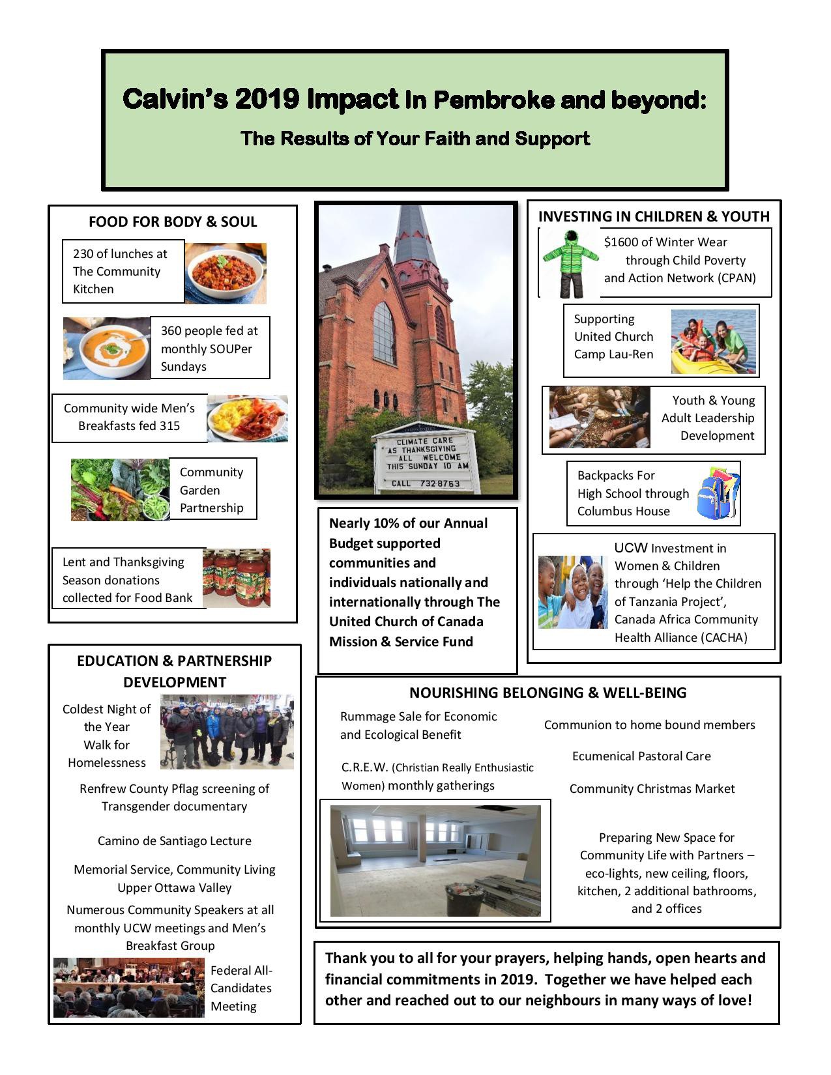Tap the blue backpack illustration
pos(717,493)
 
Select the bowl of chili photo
pos(226,274)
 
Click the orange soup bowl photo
pos(107,349)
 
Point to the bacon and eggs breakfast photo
pos(248,418)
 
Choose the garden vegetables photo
pos(120,490)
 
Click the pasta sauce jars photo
pos(236,578)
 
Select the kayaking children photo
pos(714,341)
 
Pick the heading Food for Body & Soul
pos(173,222)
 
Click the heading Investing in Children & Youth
pos(654,216)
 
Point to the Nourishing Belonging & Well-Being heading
pos(547,693)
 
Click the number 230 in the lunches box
pos(83,253)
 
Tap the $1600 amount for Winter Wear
pos(619,242)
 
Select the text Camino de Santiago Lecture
pos(174,840)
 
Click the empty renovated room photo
pos(435,861)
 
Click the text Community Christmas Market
pos(652,788)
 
